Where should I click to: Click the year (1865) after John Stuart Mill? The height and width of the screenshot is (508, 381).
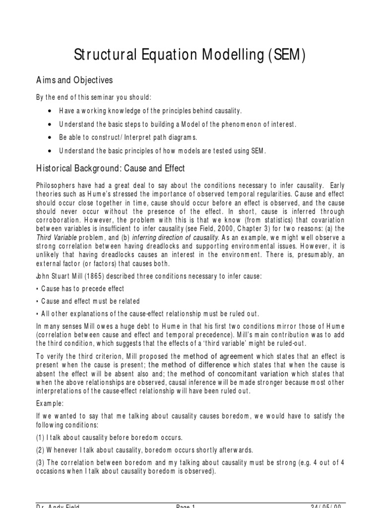(x=96, y=276)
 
